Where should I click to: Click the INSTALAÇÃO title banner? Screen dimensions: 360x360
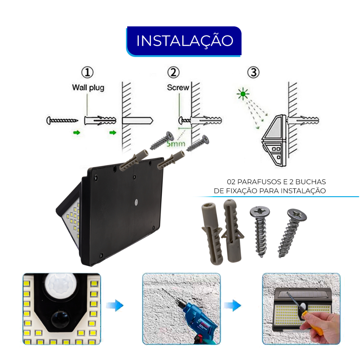coord(184,41)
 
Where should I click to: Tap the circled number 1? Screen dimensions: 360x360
coord(88,72)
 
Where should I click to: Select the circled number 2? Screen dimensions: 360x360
coord(173,72)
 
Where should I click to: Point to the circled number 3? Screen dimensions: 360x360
coord(253,72)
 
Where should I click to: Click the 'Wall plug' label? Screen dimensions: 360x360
coord(88,88)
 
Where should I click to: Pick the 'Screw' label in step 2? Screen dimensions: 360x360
coord(178,87)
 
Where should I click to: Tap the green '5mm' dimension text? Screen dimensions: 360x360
coord(176,144)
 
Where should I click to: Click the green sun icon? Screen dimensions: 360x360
coord(243,94)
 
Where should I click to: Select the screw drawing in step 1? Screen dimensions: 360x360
coord(62,120)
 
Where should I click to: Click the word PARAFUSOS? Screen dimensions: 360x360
coord(259,182)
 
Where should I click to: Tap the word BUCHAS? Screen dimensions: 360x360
coord(311,182)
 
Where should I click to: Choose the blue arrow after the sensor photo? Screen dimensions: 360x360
coord(115,306)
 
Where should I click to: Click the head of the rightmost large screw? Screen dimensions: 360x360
coord(297,215)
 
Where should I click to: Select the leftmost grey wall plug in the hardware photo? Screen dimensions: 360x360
coord(212,233)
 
